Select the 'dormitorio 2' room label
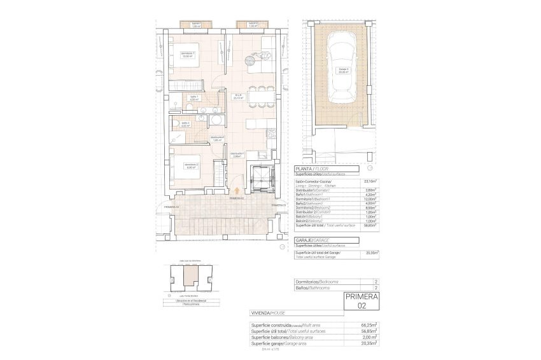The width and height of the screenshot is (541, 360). pyautogui.click(x=192, y=167)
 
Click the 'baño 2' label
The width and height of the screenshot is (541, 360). pyautogui.click(x=185, y=124)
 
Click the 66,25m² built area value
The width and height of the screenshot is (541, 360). pyautogui.click(x=369, y=324)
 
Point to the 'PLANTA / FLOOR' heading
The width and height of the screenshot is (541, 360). pyautogui.click(x=312, y=169)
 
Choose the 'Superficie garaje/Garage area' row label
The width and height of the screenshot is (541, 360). pyautogui.click(x=283, y=342)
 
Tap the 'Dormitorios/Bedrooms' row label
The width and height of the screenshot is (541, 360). pyautogui.click(x=317, y=281)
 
